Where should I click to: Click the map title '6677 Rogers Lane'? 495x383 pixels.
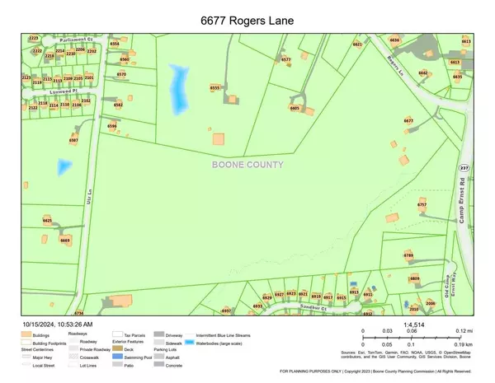247,18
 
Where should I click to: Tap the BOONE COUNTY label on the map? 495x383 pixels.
247,164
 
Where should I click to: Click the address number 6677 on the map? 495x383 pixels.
408,120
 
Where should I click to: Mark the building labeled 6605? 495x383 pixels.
295,108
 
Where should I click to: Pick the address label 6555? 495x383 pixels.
216,87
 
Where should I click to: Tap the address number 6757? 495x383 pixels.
422,203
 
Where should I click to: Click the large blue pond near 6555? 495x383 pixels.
177,90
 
